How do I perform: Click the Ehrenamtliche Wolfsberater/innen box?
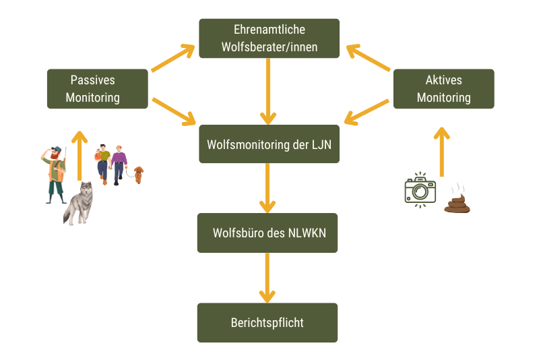(x=269, y=38)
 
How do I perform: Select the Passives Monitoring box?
(x=98, y=88)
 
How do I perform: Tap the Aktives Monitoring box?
(x=443, y=88)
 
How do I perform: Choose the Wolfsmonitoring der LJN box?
(x=269, y=144)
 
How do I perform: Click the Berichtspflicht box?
(x=267, y=322)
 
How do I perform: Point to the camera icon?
(x=420, y=189)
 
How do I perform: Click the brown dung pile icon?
(x=457, y=201)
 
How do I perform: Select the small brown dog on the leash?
(x=138, y=174)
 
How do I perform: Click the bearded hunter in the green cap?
(x=55, y=174)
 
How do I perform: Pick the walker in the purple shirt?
(x=119, y=164)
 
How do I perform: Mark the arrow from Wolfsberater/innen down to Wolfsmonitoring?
(x=268, y=91)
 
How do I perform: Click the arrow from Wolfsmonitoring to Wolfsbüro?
(x=267, y=188)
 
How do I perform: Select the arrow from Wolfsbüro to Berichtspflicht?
(x=267, y=277)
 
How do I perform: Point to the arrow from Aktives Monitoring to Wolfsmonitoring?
(x=367, y=112)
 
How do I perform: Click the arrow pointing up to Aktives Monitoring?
(x=441, y=151)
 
